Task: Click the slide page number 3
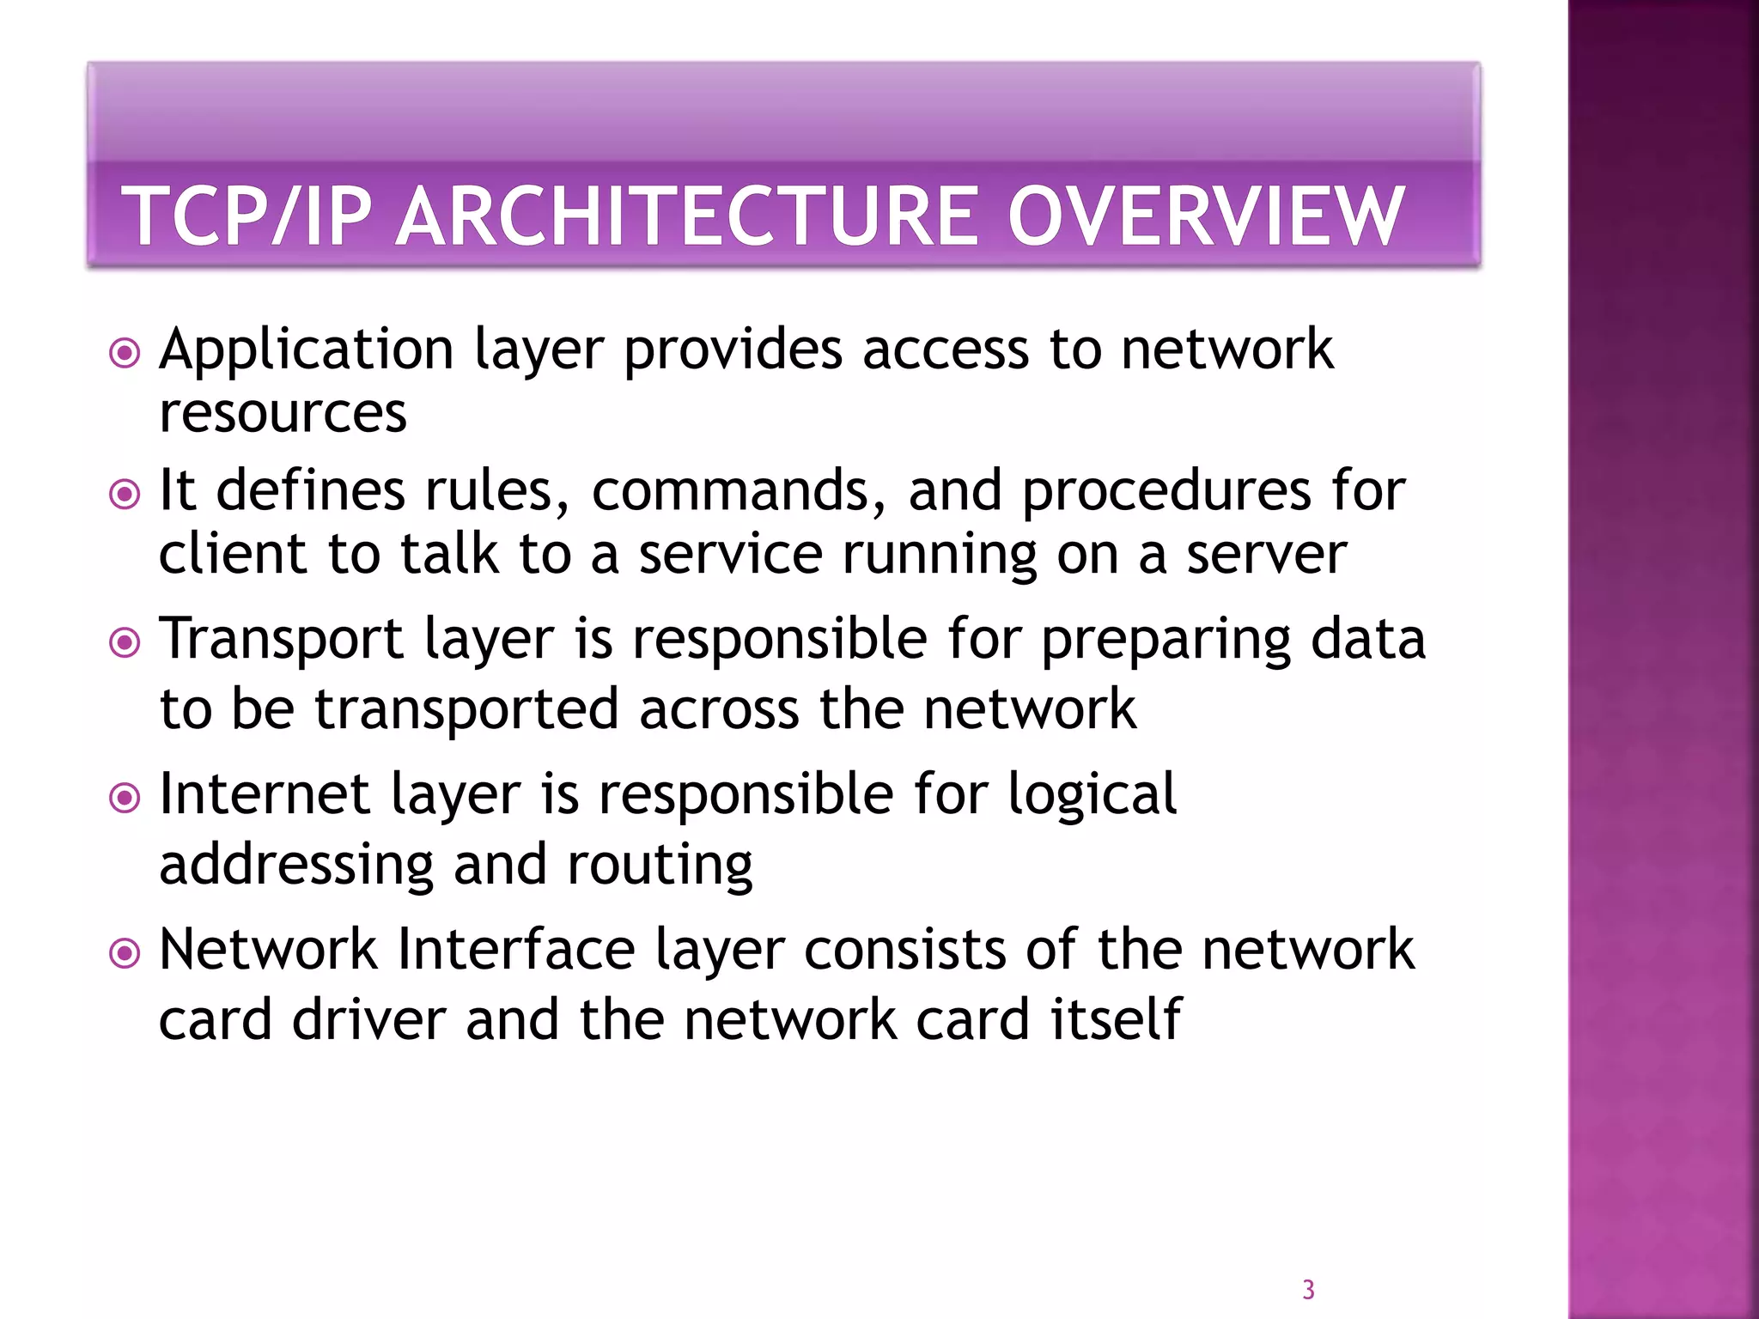click(1308, 1290)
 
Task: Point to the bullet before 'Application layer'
click(125, 353)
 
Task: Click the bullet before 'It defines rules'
click(125, 494)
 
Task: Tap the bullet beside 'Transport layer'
click(125, 642)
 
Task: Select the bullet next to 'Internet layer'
click(125, 798)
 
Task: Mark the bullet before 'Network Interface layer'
click(125, 953)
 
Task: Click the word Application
click(307, 351)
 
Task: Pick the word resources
click(283, 414)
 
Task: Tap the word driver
click(368, 1020)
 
